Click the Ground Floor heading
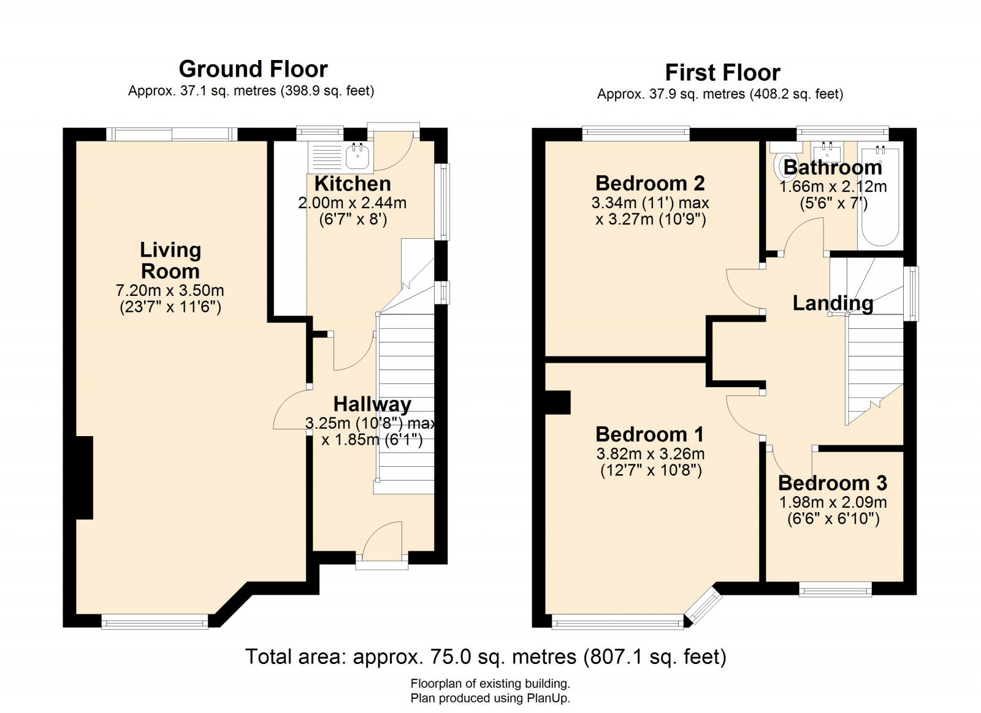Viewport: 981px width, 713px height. tap(253, 69)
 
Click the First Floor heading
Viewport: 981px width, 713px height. tap(722, 72)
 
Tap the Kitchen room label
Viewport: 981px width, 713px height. tap(352, 183)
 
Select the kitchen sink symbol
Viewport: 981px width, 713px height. tap(357, 156)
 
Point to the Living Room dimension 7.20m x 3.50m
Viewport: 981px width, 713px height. tap(170, 290)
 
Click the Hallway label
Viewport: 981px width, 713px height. tap(372, 404)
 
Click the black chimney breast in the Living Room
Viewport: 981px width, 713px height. tap(84, 477)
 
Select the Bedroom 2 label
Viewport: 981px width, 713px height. tap(650, 183)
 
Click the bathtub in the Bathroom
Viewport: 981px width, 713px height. tap(880, 196)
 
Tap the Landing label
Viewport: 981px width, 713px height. tap(833, 303)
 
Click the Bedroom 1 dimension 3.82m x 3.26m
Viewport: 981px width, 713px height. tap(650, 454)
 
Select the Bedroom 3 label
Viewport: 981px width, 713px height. tap(832, 483)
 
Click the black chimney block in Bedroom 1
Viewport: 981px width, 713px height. tap(558, 402)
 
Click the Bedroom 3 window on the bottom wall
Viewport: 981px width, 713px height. tap(835, 589)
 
